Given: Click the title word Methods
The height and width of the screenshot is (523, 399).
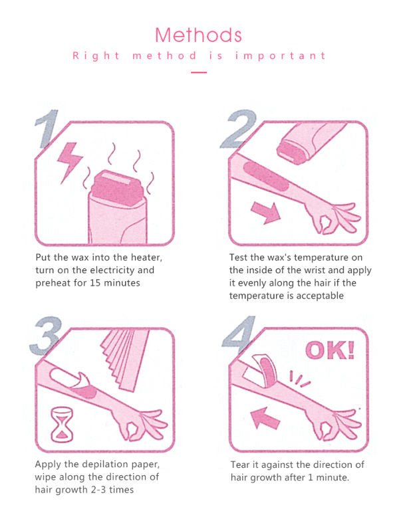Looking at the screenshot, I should pyautogui.click(x=199, y=34).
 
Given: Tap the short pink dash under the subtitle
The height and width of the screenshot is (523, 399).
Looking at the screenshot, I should pyautogui.click(x=199, y=72).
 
